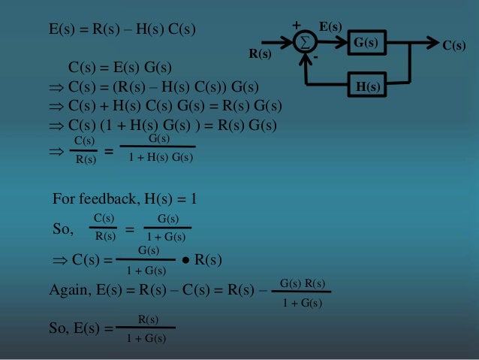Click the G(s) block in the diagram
point(366,44)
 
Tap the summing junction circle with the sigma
point(304,44)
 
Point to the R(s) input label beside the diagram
point(260,54)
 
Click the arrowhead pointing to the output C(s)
point(432,43)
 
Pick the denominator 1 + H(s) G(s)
point(161,158)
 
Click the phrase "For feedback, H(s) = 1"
point(125,199)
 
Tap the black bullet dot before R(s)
point(183,261)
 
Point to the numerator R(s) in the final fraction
point(147,321)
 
